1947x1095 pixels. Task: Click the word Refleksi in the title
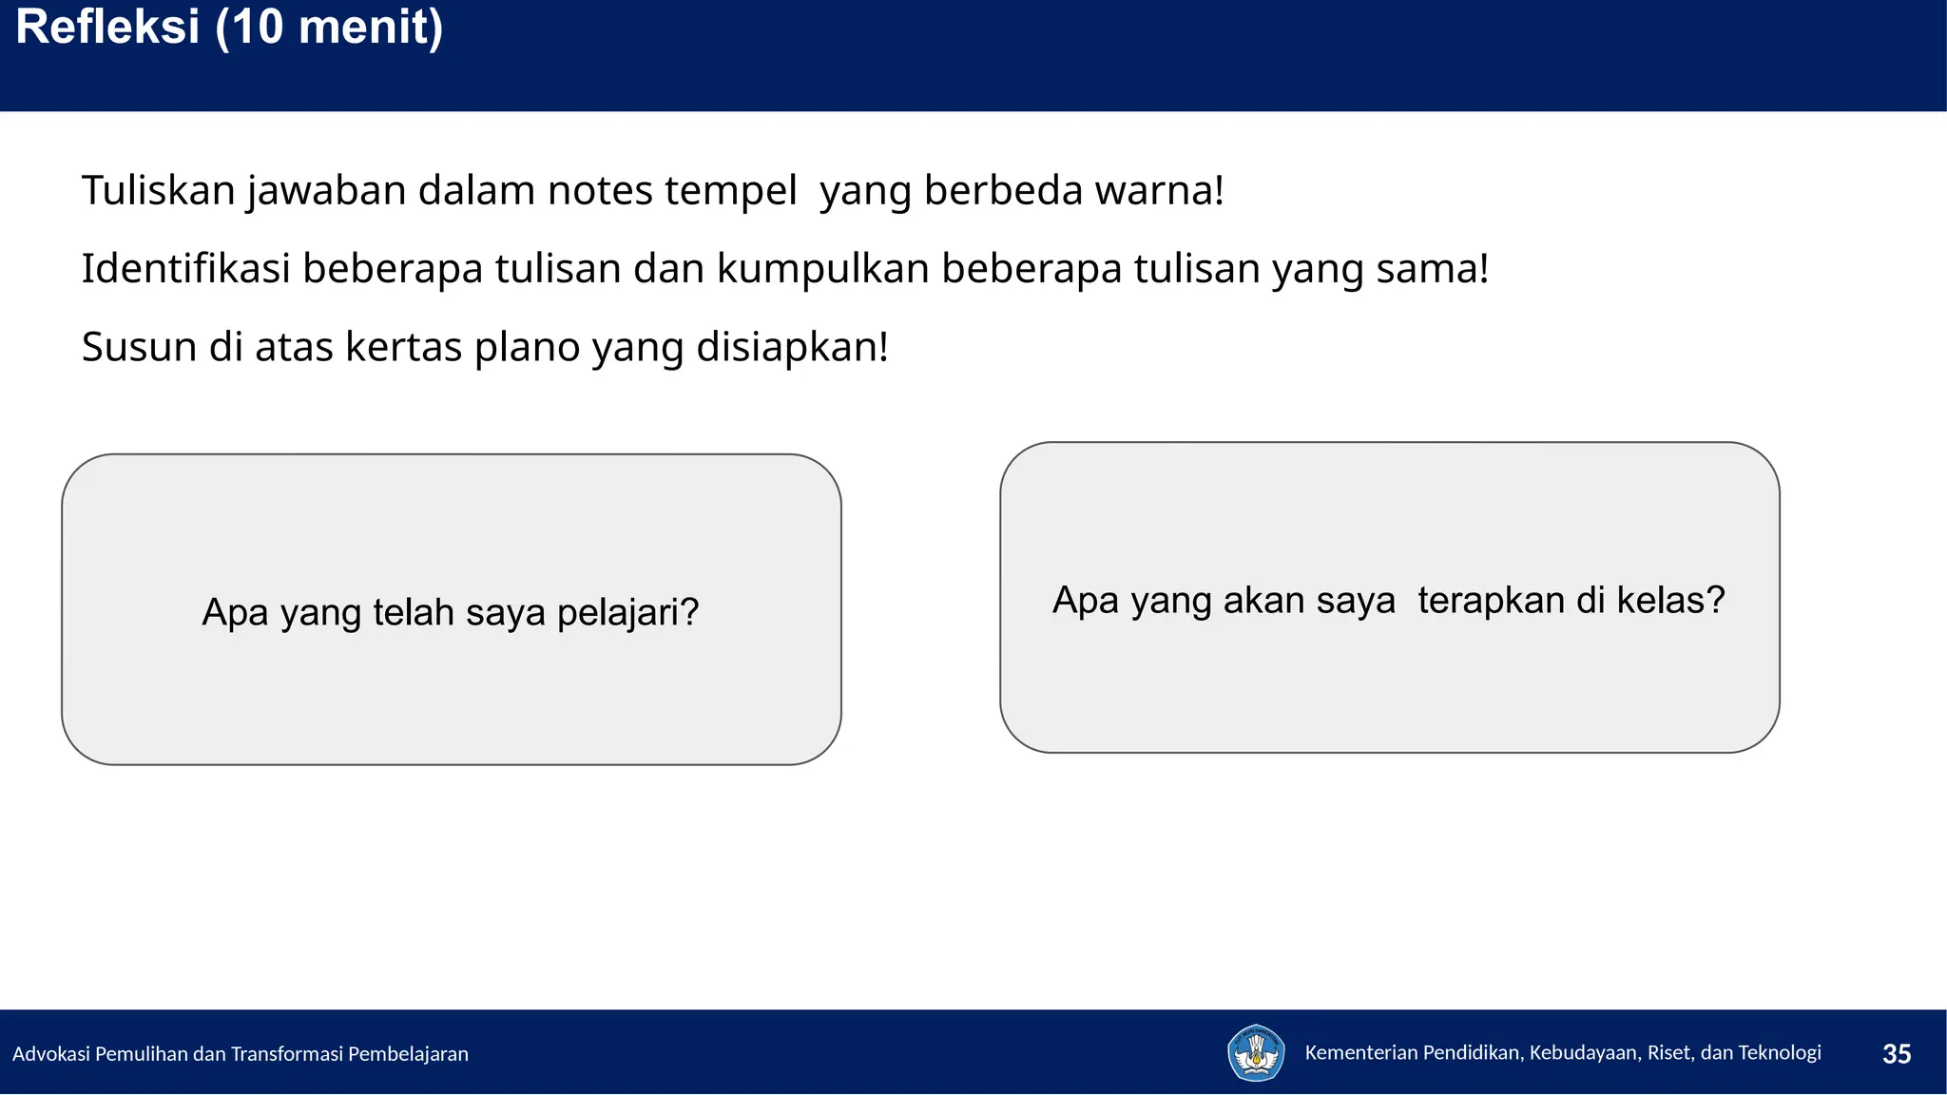(x=107, y=27)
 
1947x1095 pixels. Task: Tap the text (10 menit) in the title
(x=329, y=27)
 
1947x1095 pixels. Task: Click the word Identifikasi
(x=185, y=269)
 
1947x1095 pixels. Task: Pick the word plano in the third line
(x=527, y=347)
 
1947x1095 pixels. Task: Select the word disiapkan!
(x=792, y=347)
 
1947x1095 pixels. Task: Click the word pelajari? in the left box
(x=627, y=613)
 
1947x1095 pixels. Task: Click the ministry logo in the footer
(x=1256, y=1053)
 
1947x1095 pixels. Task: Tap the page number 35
(x=1897, y=1054)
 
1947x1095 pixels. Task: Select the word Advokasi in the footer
(x=51, y=1054)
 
